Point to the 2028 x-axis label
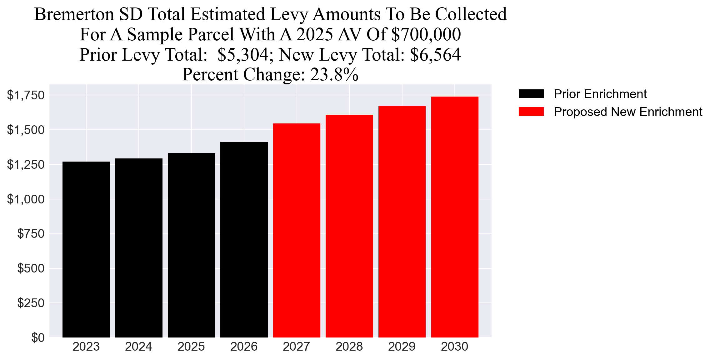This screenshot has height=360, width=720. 349,347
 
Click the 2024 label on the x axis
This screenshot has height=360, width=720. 138,347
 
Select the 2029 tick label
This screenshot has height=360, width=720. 402,347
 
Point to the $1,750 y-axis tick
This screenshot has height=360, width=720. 26,95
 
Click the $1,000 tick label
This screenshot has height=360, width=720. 26,199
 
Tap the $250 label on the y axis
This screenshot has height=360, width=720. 31,303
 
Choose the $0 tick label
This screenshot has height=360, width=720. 37,337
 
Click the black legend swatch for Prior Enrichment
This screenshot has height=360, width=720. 531,94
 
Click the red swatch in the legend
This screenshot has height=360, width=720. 531,112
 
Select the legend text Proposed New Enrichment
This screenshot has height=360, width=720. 628,112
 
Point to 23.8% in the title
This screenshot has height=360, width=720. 334,74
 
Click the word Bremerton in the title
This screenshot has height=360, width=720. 74,14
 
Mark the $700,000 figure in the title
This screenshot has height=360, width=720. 426,34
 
